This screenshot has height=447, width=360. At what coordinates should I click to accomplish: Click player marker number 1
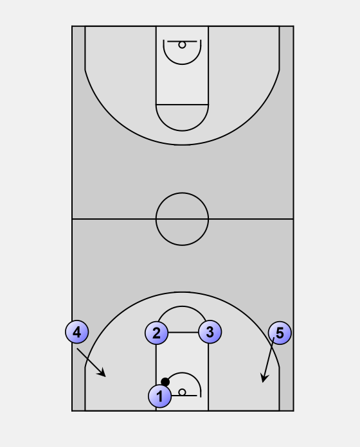pos(159,396)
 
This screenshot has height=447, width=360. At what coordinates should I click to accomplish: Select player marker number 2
pos(156,333)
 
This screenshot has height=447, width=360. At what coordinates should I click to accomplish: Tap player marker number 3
pos(210,332)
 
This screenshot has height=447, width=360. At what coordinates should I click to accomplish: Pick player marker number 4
pos(77,332)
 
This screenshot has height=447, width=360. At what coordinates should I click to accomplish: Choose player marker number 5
pos(280,333)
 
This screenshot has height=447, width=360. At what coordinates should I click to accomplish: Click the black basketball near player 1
pos(165,381)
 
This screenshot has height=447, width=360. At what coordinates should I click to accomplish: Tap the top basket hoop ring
pos(182,45)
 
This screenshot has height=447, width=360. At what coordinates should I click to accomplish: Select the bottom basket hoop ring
pos(182,392)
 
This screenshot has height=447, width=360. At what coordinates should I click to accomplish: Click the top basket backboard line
pos(182,41)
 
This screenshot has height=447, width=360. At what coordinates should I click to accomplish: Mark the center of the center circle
pos(182,219)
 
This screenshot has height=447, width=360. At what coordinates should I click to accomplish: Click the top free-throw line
pos(182,105)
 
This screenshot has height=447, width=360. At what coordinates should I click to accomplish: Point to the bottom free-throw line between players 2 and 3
pos(183,333)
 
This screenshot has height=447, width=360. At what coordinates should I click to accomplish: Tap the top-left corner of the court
pos(72,26)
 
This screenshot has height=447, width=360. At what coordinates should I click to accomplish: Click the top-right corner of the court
pos(293,26)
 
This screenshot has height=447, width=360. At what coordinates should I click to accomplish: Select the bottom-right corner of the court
pos(293,411)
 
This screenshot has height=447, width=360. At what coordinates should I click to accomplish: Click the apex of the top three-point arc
pos(182,145)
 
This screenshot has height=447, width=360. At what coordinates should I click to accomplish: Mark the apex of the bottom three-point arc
pos(182,292)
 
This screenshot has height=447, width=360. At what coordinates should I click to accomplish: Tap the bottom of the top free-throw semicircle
pos(182,131)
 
